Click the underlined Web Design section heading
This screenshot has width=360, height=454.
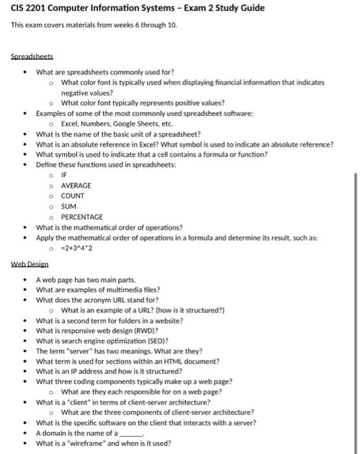point(30,264)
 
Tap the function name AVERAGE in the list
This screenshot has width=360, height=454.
point(76,185)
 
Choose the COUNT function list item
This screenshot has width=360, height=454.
point(73,196)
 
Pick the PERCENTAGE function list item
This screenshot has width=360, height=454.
point(82,217)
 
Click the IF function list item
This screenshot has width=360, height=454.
point(64,175)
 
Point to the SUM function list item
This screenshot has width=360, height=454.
point(69,206)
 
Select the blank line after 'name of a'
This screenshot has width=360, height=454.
point(130,433)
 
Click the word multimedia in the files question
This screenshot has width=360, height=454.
point(112,289)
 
